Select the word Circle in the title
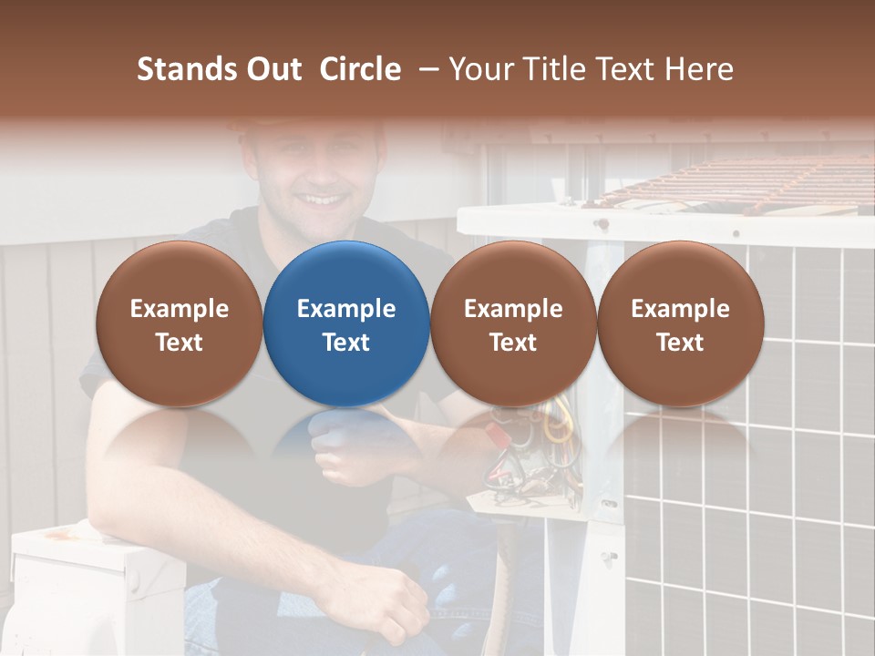point(360,69)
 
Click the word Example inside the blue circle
point(346,309)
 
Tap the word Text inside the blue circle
point(346,343)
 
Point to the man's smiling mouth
point(324,198)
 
